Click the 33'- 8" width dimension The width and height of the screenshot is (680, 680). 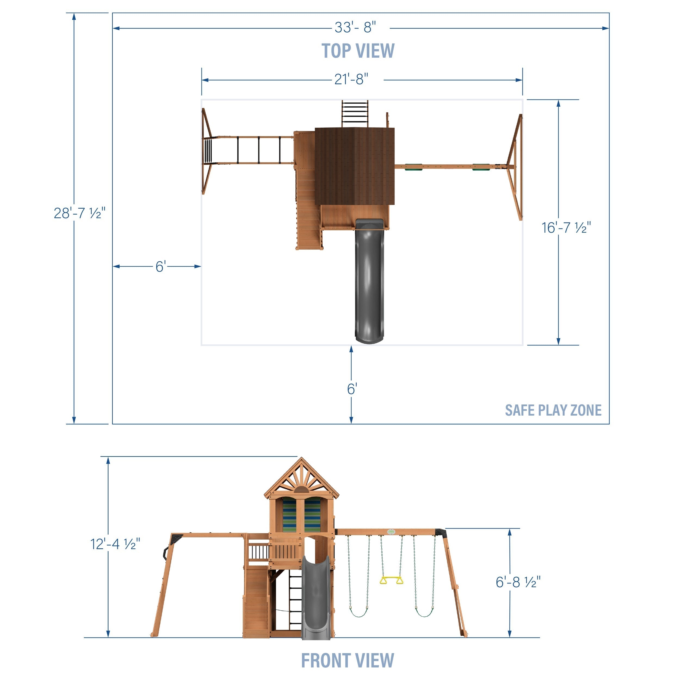click(x=355, y=27)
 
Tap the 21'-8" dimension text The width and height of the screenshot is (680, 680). click(x=351, y=79)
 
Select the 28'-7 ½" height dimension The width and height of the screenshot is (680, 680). click(x=79, y=213)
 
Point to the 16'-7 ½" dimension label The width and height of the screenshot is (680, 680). click(x=566, y=228)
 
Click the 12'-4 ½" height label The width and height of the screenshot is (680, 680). click(x=115, y=544)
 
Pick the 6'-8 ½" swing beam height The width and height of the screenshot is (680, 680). click(x=518, y=582)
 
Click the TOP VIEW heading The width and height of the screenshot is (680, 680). click(x=358, y=51)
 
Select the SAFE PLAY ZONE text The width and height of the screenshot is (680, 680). click(x=553, y=410)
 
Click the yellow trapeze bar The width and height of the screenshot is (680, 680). click(x=391, y=580)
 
